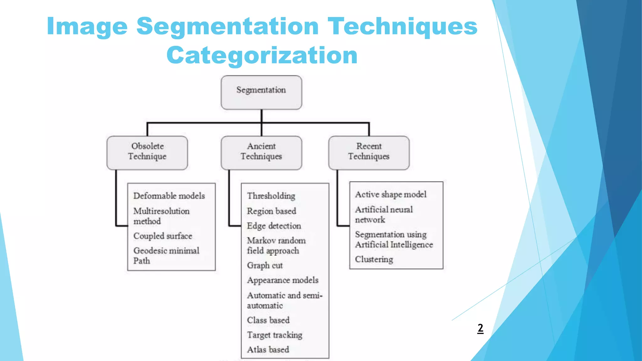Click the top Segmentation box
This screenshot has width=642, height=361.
(x=261, y=92)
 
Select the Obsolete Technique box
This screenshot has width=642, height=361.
(x=147, y=153)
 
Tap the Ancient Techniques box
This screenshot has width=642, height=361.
(x=261, y=153)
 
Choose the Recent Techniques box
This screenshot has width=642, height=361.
(x=369, y=153)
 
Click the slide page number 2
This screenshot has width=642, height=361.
(x=480, y=328)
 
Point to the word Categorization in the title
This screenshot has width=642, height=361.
(x=262, y=55)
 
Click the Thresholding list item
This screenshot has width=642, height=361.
(x=271, y=196)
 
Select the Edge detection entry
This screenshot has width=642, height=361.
(x=274, y=226)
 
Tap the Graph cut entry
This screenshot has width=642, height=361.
(x=265, y=265)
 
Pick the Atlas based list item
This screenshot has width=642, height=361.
(x=268, y=349)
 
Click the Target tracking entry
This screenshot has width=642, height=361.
(x=274, y=335)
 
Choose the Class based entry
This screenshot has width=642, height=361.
(x=268, y=320)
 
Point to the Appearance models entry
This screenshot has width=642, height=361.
(x=282, y=280)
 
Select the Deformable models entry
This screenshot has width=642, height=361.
(x=169, y=196)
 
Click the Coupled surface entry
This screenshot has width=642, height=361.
(x=163, y=236)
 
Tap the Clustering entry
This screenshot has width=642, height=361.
(x=374, y=259)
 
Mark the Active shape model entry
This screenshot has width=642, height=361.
(x=391, y=195)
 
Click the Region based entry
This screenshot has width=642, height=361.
(x=271, y=211)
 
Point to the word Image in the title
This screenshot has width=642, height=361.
(x=87, y=27)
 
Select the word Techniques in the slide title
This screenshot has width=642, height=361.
(x=402, y=27)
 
